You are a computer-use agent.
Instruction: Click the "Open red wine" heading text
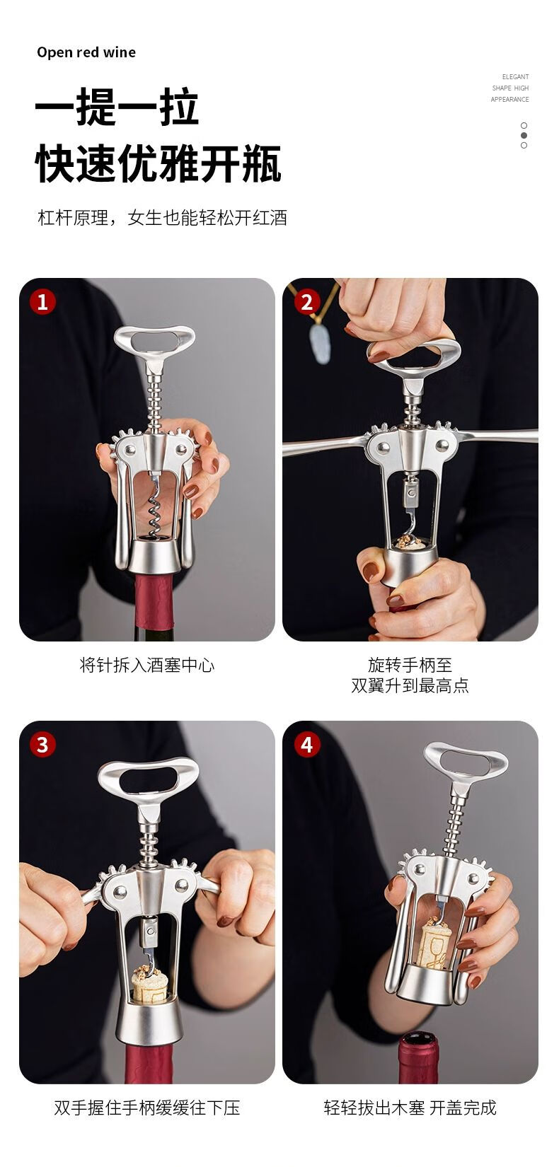(86, 52)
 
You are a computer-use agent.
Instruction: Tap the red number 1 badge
(42, 301)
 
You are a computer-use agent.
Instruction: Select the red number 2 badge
(306, 301)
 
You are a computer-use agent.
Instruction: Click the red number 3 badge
(42, 745)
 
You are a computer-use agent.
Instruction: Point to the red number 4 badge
(306, 745)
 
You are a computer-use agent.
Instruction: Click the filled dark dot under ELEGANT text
(524, 136)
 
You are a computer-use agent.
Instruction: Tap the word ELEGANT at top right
(515, 76)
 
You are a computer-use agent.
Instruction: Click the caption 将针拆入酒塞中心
(147, 666)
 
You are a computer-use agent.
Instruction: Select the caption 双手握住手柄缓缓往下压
(147, 1108)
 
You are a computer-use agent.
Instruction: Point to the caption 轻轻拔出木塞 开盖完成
(410, 1108)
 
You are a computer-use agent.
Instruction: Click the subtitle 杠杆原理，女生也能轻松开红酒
(162, 217)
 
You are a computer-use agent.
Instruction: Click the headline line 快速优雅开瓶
(159, 163)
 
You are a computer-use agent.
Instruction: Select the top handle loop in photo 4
(466, 759)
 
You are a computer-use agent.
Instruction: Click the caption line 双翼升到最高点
(410, 685)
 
